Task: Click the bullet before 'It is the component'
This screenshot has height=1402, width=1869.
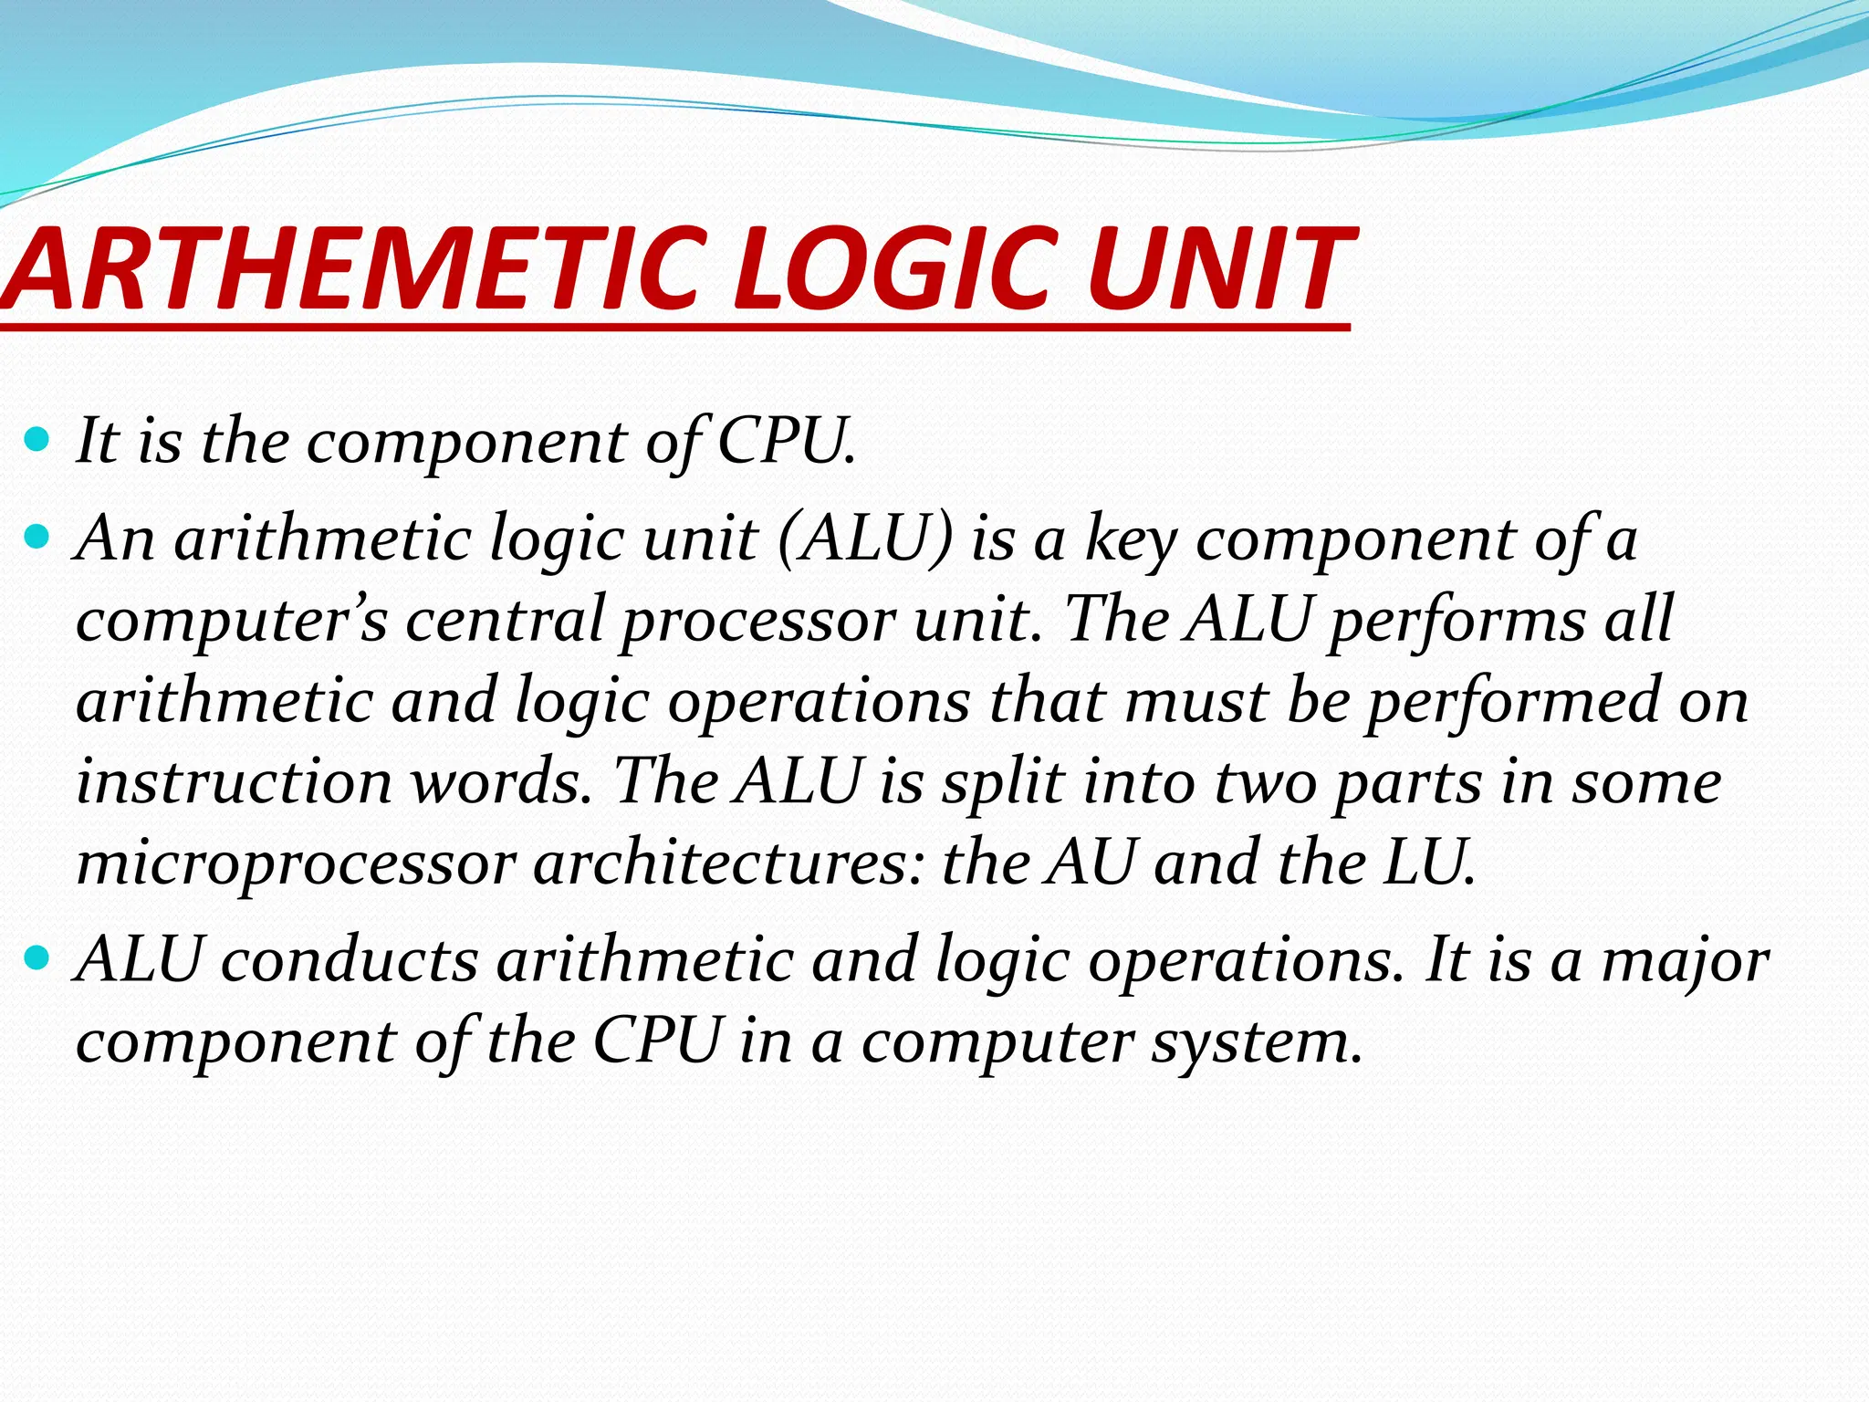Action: point(37,441)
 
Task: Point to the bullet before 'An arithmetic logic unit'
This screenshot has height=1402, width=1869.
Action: point(37,539)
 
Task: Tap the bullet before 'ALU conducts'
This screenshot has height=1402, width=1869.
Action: point(37,959)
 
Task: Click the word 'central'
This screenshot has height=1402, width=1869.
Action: point(504,619)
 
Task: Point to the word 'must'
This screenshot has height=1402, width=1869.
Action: point(1196,701)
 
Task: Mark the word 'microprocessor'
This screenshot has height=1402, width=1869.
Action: point(296,863)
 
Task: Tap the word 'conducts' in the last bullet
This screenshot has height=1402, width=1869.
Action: point(350,960)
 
